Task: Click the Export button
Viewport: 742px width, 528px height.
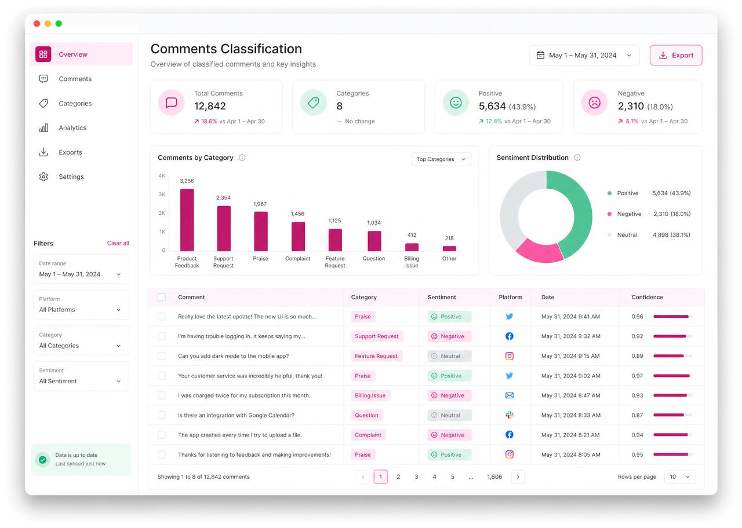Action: pyautogui.click(x=676, y=55)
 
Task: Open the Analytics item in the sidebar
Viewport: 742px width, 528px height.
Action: pyautogui.click(x=72, y=128)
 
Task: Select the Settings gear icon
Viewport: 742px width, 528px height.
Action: pyautogui.click(x=43, y=177)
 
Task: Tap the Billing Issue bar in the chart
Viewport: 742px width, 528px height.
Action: pyautogui.click(x=412, y=247)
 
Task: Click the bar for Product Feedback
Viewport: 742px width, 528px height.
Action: pyautogui.click(x=187, y=220)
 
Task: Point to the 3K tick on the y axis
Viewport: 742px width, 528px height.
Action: pyautogui.click(x=162, y=194)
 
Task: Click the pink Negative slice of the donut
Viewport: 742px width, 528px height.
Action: pyautogui.click(x=540, y=251)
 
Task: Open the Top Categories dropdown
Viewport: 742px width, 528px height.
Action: pyautogui.click(x=441, y=159)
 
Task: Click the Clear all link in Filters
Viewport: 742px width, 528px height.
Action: pyautogui.click(x=118, y=243)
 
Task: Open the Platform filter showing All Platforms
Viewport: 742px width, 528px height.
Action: pyautogui.click(x=81, y=305)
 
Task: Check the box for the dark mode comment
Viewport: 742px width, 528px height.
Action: pyautogui.click(x=162, y=356)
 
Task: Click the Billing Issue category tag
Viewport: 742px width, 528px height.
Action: pyautogui.click(x=370, y=395)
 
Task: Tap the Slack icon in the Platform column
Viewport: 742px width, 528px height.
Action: pyautogui.click(x=510, y=415)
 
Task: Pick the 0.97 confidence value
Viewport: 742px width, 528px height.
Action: pyautogui.click(x=637, y=376)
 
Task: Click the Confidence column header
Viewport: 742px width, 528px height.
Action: pyautogui.click(x=648, y=297)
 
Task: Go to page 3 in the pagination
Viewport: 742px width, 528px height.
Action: pyautogui.click(x=416, y=476)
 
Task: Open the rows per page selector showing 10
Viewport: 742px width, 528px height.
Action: pyautogui.click(x=680, y=476)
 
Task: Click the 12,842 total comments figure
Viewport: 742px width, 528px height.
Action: pyautogui.click(x=210, y=106)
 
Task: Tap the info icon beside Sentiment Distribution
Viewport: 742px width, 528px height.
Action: pyautogui.click(x=577, y=157)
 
